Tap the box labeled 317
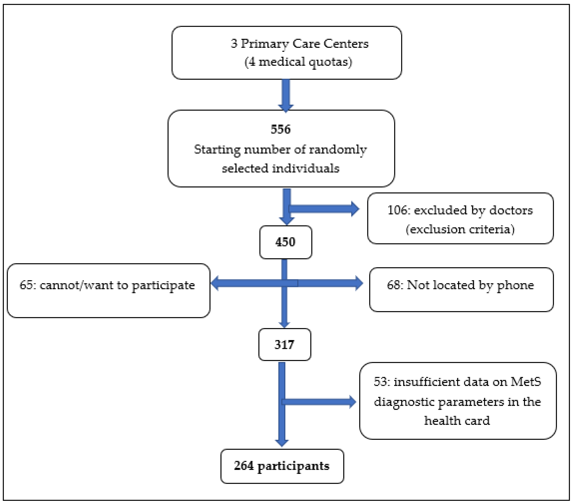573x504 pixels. (284, 345)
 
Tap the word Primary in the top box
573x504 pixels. (265, 44)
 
